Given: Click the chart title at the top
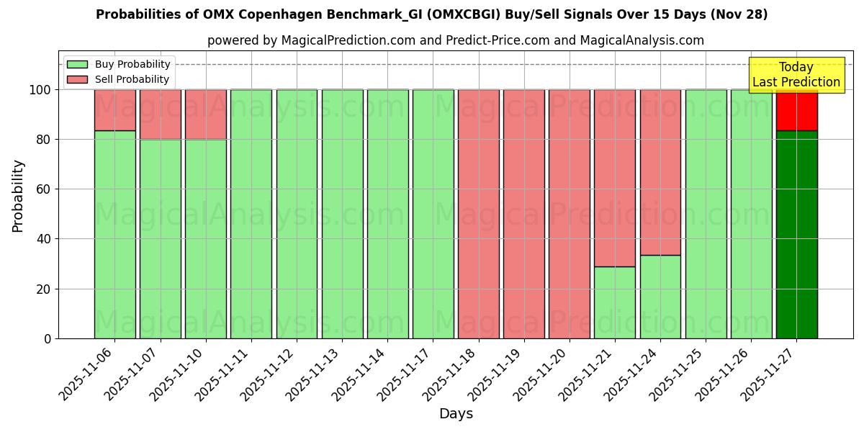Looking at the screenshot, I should [x=431, y=14].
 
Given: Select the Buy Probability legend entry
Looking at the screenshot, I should [x=118, y=64].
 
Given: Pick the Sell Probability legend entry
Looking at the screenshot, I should [x=118, y=79].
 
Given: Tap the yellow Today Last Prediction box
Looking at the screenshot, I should [x=796, y=75].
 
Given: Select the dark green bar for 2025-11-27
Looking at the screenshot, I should [x=796, y=234].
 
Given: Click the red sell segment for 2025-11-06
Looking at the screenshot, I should [x=114, y=109].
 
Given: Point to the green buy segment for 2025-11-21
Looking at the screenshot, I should [x=614, y=302].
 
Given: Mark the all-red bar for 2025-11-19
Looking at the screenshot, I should [x=523, y=214].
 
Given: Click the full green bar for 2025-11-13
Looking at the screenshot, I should [x=342, y=214].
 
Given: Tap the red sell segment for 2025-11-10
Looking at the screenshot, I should [x=205, y=114].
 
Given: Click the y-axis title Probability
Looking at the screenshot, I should [x=18, y=195].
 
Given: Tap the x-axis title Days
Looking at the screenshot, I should [x=456, y=414].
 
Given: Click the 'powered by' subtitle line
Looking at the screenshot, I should [x=455, y=40].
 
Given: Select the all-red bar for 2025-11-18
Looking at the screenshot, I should [x=478, y=214].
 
